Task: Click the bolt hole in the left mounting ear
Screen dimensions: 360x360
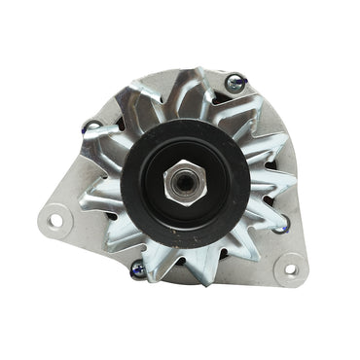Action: (x=55, y=220)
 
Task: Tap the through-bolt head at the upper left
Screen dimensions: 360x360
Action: (x=91, y=126)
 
